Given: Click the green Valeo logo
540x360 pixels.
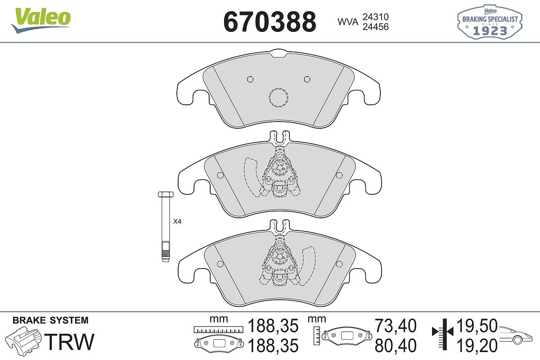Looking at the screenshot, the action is click(x=41, y=21).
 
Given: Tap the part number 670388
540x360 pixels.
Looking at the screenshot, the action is click(x=270, y=22).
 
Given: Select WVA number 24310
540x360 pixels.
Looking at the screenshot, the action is click(x=376, y=17).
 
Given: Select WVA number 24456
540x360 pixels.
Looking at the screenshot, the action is click(x=376, y=27).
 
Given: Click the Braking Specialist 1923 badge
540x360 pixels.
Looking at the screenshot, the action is click(x=490, y=22).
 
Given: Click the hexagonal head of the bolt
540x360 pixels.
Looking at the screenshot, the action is click(x=166, y=194).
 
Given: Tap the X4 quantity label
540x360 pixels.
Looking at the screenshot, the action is click(x=177, y=221).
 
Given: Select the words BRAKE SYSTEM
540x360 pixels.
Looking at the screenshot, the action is click(x=50, y=320).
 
